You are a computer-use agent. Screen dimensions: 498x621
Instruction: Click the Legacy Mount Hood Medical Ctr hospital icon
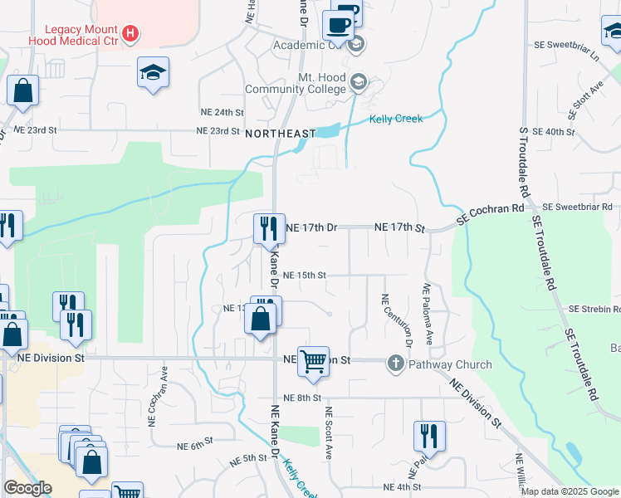(x=130, y=34)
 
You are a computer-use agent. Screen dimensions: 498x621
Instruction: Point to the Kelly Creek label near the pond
(x=396, y=119)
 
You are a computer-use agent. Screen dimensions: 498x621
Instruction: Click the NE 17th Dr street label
(x=311, y=227)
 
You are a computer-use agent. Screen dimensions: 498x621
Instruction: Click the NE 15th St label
(x=305, y=275)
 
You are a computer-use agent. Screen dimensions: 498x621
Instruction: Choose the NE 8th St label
(x=302, y=398)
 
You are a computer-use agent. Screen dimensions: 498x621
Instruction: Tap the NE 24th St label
(x=222, y=111)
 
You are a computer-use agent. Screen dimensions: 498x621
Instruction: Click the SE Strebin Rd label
(x=594, y=309)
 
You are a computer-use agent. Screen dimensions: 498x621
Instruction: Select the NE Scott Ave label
(x=329, y=433)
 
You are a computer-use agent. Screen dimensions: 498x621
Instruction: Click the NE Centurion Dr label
(x=385, y=320)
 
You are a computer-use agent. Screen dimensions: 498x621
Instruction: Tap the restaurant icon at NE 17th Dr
(x=268, y=227)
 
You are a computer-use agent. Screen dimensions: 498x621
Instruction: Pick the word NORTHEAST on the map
(x=280, y=134)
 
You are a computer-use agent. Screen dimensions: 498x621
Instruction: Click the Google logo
(x=27, y=488)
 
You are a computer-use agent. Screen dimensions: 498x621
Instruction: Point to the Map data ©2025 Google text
(x=570, y=491)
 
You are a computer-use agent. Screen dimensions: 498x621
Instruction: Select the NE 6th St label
(x=195, y=446)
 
